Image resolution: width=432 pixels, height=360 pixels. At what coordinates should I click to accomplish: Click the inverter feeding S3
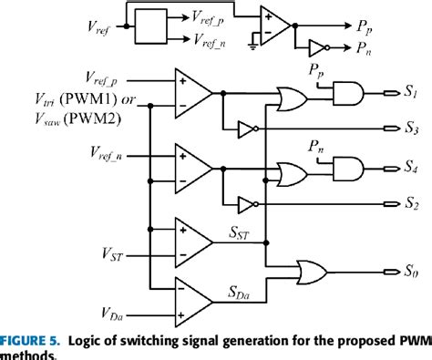pyautogui.click(x=247, y=127)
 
